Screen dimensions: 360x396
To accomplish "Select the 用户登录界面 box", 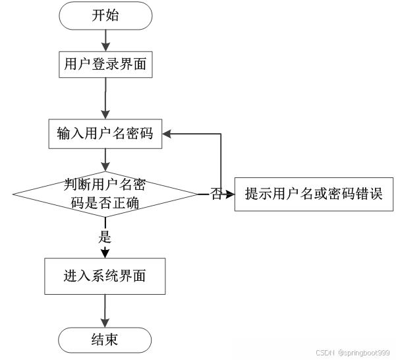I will click(x=105, y=65).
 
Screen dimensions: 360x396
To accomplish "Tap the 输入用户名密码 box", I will click(x=105, y=134).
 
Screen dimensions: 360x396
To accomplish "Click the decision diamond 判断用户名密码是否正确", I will click(x=105, y=194).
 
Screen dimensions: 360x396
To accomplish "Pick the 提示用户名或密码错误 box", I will click(x=313, y=195).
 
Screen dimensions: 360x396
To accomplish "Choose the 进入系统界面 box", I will click(x=105, y=276).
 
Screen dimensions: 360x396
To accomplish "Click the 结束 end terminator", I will click(x=105, y=340).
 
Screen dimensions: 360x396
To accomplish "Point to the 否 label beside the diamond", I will click(x=215, y=195).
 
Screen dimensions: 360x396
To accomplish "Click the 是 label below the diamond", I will click(x=105, y=237).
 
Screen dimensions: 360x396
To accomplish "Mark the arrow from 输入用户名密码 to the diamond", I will click(x=105, y=160).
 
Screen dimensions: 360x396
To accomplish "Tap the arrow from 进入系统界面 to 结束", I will click(x=105, y=310).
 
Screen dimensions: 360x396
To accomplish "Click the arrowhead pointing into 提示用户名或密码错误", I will click(x=230, y=195).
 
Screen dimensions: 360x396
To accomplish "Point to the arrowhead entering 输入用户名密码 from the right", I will click(x=167, y=134).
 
